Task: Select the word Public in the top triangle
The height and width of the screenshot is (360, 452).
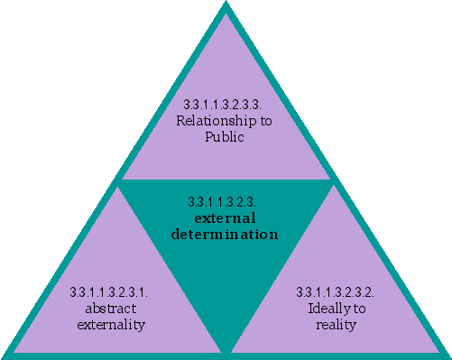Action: pos(226,137)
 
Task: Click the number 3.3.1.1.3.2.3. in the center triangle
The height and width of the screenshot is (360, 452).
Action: pos(225,202)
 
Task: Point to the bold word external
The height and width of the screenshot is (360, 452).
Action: pos(226,218)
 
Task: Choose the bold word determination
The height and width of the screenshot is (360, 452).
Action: pos(225,235)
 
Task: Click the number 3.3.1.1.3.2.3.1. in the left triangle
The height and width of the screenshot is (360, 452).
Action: pos(108,292)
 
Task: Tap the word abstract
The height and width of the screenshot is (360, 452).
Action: pos(108,308)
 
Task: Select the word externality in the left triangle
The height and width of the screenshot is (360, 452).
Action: pos(108,324)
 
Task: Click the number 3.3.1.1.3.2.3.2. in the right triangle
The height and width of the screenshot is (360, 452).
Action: pos(336,292)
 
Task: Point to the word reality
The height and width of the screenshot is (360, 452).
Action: pos(336,324)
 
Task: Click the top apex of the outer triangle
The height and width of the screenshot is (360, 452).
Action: pos(226,5)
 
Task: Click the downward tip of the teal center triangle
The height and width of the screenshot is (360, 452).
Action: pos(226,350)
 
